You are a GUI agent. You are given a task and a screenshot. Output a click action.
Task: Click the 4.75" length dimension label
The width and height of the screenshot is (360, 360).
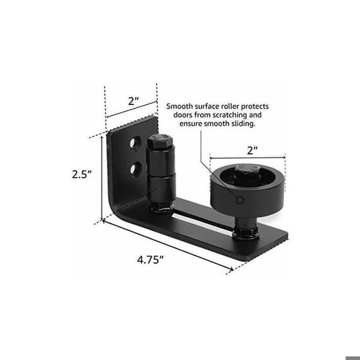[x=150, y=260]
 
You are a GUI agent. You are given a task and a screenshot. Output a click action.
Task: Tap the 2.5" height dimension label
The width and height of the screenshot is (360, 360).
[x=82, y=174]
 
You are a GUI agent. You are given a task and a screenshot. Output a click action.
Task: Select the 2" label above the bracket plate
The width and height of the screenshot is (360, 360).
[x=133, y=101]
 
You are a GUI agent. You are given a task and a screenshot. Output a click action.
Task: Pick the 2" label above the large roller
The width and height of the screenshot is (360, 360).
[x=253, y=151]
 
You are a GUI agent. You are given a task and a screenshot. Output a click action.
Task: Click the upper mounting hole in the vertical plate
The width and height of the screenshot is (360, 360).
[x=135, y=143]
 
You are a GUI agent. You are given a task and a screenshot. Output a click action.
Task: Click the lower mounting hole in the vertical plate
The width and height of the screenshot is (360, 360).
[x=136, y=169]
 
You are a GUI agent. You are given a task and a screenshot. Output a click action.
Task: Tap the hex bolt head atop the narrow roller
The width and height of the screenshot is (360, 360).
[x=160, y=141]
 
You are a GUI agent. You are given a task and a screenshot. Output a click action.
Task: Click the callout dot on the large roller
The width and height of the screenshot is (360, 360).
[x=240, y=200]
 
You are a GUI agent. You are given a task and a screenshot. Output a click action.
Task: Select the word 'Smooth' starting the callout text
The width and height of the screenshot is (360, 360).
[x=179, y=106]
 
